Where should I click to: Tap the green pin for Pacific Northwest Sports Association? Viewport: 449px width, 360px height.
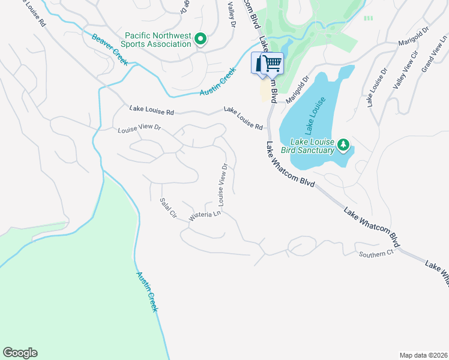click(x=201, y=40)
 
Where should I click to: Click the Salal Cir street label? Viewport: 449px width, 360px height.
click(x=168, y=208)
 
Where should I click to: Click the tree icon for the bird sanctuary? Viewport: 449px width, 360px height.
click(x=343, y=144)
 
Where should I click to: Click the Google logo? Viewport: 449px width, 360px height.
click(x=20, y=353)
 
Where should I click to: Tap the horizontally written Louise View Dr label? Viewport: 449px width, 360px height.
click(x=140, y=128)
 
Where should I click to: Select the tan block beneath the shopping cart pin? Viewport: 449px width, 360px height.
click(x=265, y=91)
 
